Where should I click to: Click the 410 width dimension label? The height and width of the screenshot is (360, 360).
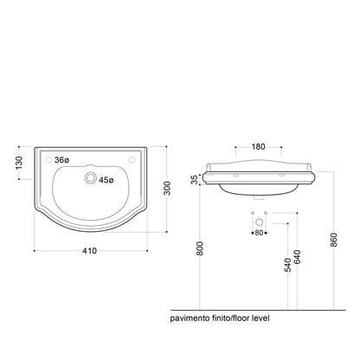point(89,251)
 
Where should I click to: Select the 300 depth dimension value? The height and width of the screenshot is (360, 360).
point(167,188)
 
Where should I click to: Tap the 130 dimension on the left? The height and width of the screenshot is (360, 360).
point(19,163)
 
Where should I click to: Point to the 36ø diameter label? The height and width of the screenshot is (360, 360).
point(61,160)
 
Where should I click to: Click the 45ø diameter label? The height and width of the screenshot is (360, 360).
point(106,180)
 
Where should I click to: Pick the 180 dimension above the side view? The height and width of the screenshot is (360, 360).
point(258,147)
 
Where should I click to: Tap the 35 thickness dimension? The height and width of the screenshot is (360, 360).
point(196,179)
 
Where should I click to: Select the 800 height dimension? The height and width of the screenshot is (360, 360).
point(200,248)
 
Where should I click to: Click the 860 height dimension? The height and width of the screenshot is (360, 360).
point(334,240)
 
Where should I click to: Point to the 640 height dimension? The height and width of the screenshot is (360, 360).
point(297,257)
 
